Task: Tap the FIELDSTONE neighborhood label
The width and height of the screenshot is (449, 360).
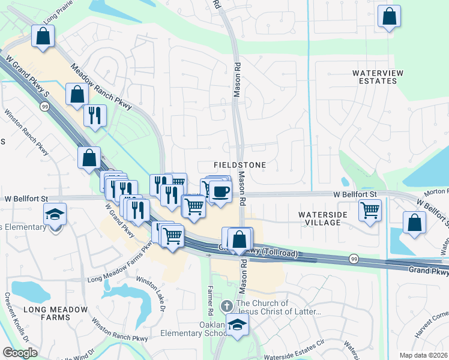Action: [x=240, y=164]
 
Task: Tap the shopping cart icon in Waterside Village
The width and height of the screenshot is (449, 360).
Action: [x=370, y=210]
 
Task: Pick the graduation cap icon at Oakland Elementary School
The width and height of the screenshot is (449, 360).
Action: [x=239, y=325]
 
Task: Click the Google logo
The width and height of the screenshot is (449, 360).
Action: [x=20, y=353]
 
